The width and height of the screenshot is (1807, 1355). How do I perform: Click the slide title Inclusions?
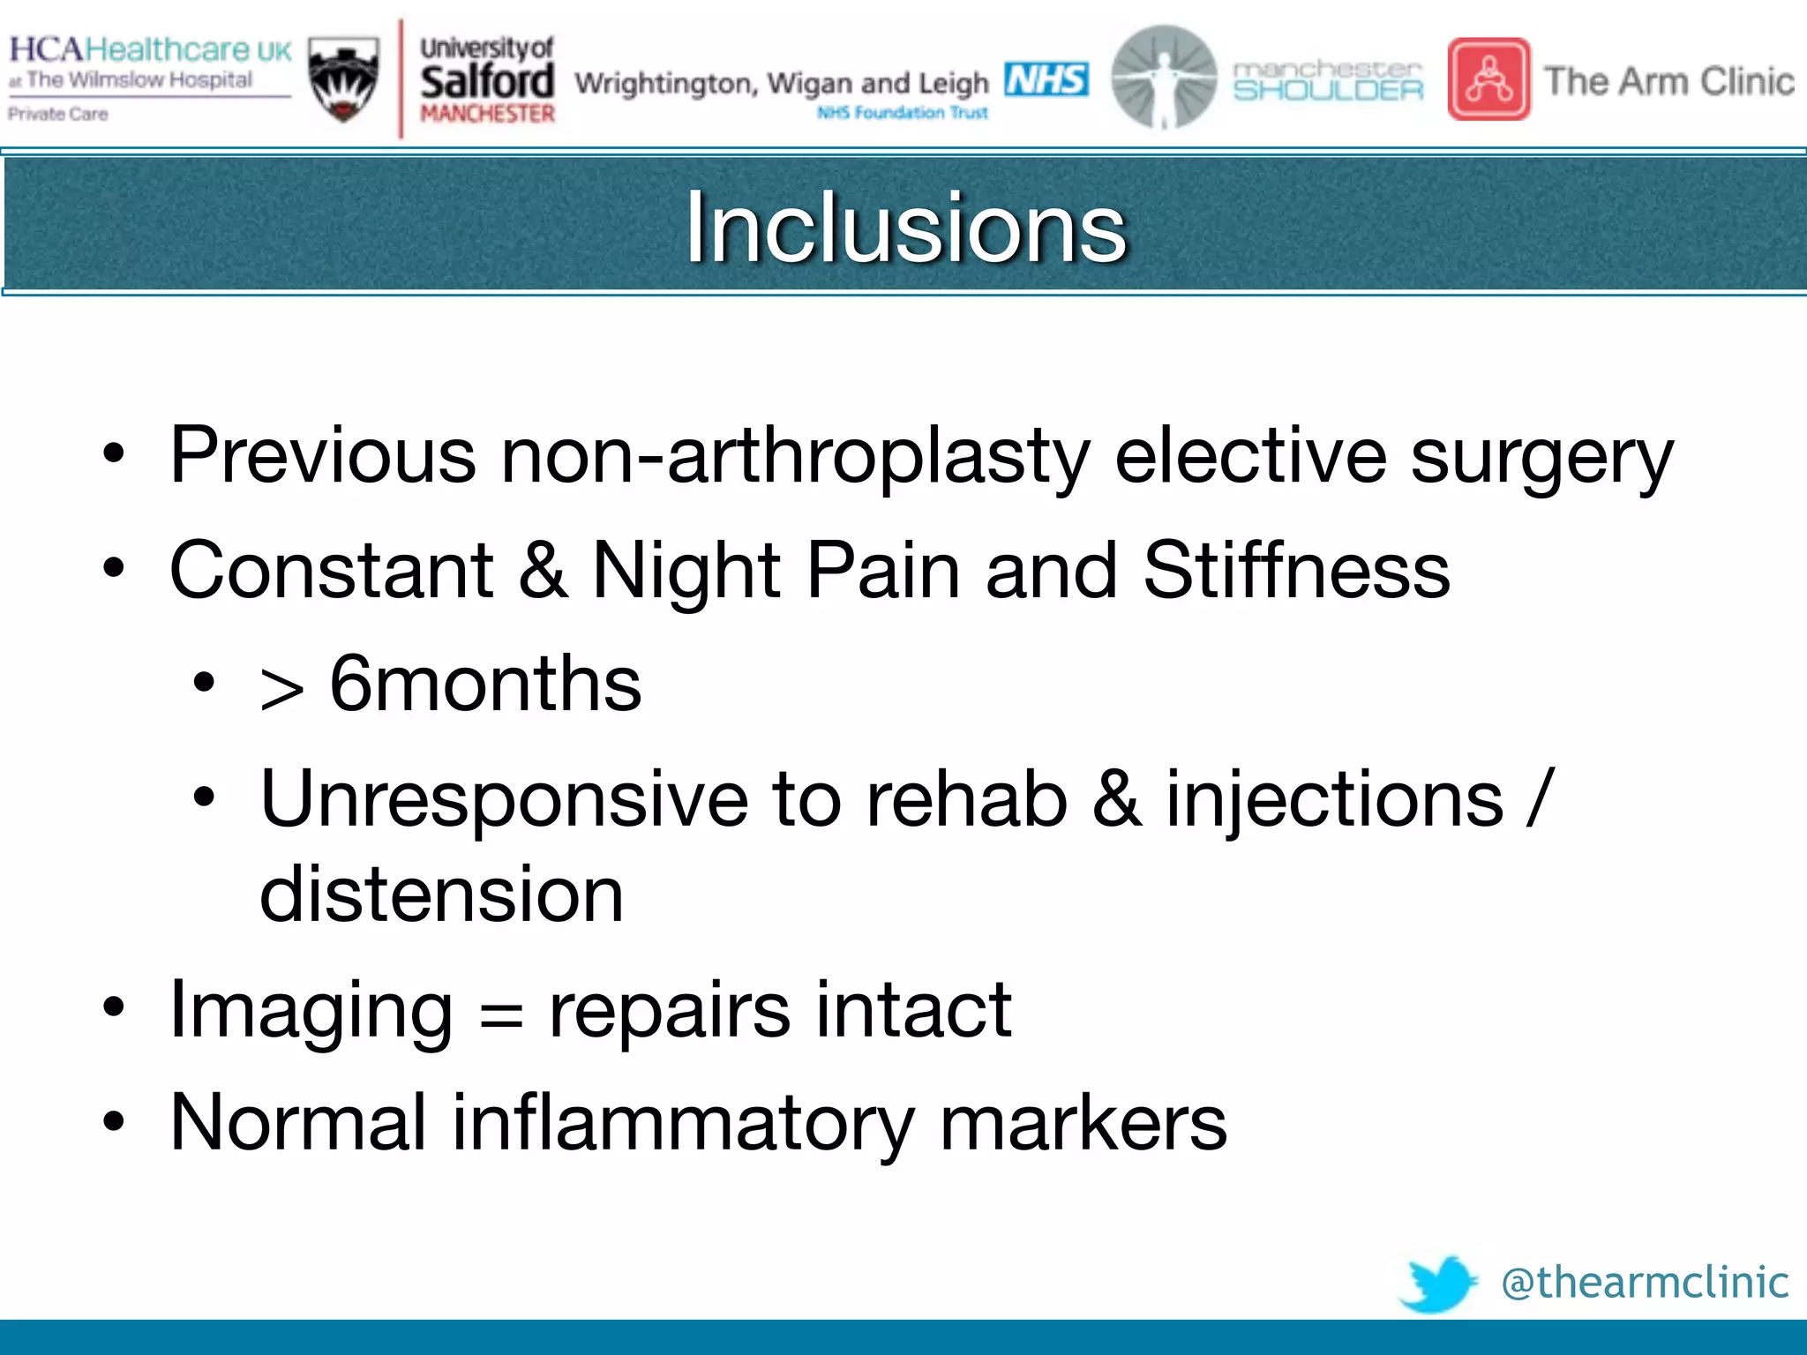(x=905, y=228)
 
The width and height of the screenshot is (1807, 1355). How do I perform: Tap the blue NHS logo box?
(x=1046, y=79)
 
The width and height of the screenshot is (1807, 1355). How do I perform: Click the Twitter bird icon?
(x=1438, y=1283)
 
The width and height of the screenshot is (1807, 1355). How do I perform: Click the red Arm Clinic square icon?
(x=1489, y=79)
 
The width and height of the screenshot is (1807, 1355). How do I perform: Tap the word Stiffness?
(x=1296, y=571)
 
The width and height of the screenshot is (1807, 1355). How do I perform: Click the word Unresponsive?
(x=504, y=798)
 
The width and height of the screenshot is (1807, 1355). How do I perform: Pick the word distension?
(x=441, y=895)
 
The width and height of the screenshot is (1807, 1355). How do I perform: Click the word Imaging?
(x=311, y=1010)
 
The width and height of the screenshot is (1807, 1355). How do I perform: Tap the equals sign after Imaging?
(x=501, y=1014)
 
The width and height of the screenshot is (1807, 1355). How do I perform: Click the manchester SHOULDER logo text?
(x=1328, y=80)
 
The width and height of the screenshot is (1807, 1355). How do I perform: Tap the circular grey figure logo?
(x=1164, y=78)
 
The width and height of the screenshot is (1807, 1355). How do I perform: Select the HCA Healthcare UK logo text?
(x=150, y=49)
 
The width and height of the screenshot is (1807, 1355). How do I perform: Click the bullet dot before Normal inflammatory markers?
(x=114, y=1122)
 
